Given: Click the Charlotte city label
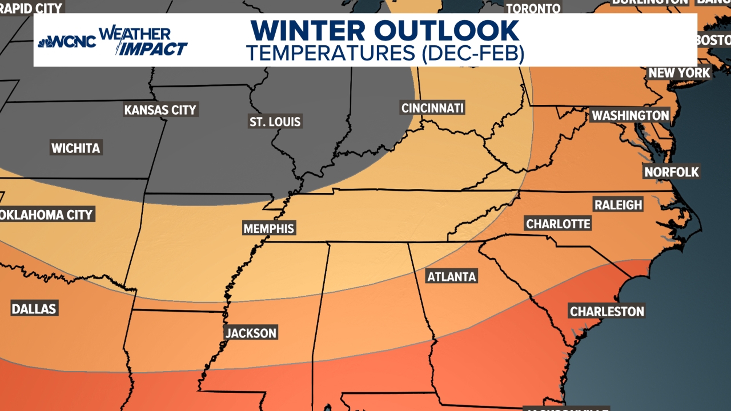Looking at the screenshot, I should point(558,224).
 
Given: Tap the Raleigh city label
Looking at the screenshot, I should point(618,205).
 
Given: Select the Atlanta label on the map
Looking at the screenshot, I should point(452,277).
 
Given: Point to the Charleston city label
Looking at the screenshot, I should point(607,311).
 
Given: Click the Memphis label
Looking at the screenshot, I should point(269,228).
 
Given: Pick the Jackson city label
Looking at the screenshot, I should point(251,333).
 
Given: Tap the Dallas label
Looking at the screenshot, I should point(34,309).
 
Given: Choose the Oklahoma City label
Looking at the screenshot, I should point(46,215).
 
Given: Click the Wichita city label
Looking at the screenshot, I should point(76,148).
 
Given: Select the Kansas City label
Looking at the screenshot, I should point(160,110).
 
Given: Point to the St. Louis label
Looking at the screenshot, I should point(275,122).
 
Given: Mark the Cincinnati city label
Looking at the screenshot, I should point(433,108).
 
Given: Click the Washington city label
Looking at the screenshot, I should point(630,115).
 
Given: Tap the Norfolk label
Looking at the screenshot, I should point(672,172).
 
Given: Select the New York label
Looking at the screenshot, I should point(679,73).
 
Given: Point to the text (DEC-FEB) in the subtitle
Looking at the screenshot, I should point(473,53).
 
